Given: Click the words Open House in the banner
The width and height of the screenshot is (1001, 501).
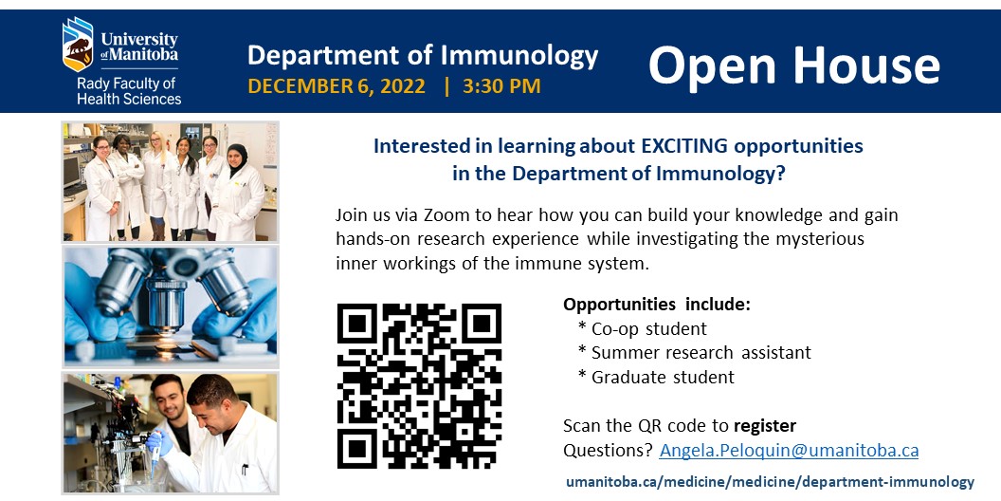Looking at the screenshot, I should click(x=793, y=65).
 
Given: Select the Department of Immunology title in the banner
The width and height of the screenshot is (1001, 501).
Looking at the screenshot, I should click(x=423, y=55).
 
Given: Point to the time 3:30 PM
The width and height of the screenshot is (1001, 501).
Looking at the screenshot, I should click(x=501, y=86).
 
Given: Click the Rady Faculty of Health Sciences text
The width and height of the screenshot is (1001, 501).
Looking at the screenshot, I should click(x=129, y=91).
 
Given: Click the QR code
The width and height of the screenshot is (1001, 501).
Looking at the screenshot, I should click(x=419, y=385).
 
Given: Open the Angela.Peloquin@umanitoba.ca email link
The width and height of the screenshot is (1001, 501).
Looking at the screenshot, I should click(x=789, y=450).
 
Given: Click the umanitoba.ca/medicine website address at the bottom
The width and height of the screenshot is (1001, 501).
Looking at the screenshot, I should click(x=770, y=482).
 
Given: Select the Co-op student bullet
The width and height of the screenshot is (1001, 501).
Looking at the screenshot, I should click(x=648, y=329).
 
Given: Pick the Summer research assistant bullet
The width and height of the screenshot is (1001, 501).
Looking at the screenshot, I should click(x=701, y=353).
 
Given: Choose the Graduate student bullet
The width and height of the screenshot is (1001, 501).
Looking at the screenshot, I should click(x=663, y=377).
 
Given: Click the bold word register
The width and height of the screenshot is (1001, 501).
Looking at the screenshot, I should click(x=764, y=425).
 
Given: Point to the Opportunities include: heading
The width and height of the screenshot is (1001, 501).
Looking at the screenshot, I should click(x=656, y=305).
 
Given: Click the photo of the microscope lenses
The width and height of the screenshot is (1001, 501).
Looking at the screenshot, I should click(x=171, y=306).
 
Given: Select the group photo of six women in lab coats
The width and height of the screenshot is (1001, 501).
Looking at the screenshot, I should click(x=171, y=180).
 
